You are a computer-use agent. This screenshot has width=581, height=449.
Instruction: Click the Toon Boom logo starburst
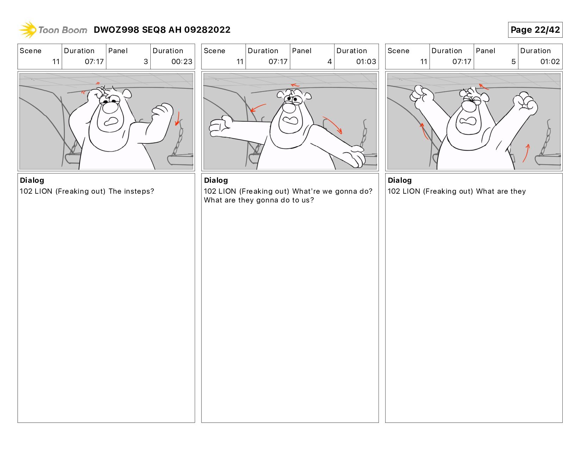tap(28, 30)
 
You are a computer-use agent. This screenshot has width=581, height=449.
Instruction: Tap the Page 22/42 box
tap(535, 30)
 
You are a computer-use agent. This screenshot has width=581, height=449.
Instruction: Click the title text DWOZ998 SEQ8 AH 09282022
tap(162, 30)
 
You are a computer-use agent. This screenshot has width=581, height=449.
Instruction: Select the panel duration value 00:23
tap(182, 62)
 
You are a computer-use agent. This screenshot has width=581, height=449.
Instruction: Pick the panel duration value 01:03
tap(366, 62)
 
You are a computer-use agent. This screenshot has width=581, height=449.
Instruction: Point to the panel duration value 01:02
tap(550, 62)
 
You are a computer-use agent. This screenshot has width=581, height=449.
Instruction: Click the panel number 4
tap(330, 62)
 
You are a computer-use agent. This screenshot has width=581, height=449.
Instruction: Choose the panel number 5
tap(513, 62)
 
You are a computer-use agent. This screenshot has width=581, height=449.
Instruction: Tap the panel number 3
tap(146, 62)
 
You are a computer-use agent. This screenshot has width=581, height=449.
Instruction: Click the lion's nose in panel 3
tap(110, 107)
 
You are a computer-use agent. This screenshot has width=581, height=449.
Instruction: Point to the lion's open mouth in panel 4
tap(290, 120)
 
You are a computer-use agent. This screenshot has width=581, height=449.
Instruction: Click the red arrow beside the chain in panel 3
tap(177, 119)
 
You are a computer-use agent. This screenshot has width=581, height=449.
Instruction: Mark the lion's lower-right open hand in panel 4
tap(355, 156)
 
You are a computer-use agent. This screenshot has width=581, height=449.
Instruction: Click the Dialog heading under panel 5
tap(400, 181)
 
